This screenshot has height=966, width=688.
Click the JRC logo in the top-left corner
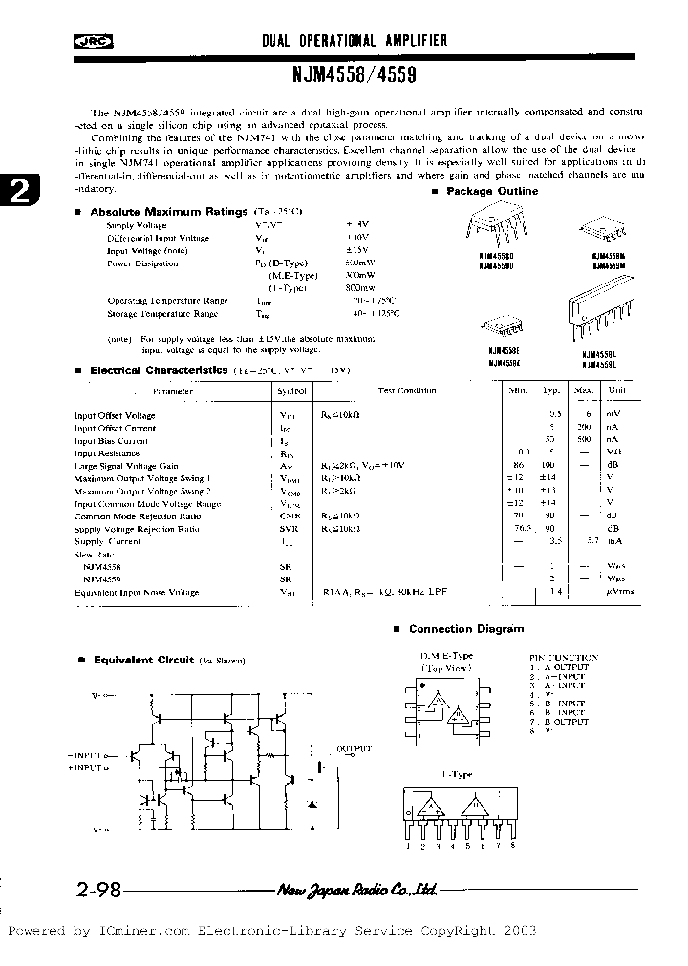(90, 41)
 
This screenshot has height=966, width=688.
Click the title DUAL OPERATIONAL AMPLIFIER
(355, 41)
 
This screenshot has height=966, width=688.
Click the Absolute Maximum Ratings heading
(168, 210)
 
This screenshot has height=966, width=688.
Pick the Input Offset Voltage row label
(115, 415)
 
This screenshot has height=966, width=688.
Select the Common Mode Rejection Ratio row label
(137, 515)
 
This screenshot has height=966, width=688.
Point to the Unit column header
(617, 390)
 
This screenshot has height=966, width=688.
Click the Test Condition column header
(406, 390)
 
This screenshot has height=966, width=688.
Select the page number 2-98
(97, 891)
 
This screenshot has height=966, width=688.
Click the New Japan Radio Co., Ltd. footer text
(357, 891)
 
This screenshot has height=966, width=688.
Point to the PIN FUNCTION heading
(563, 657)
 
